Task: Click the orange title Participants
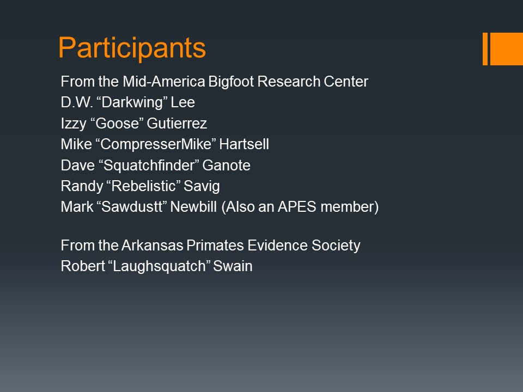[x=132, y=48]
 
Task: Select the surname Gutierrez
[x=177, y=124]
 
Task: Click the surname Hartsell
[x=244, y=144]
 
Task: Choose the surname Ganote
[x=227, y=166]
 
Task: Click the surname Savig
[x=202, y=186]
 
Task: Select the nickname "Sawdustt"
[x=132, y=207]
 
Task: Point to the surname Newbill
[x=193, y=207]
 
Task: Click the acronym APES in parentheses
[x=297, y=207]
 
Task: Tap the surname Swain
[x=233, y=266]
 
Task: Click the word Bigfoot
[x=231, y=82]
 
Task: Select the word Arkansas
[x=152, y=246]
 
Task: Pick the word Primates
[x=215, y=246]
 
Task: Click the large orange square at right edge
[x=507, y=48]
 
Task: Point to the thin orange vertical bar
[x=485, y=48]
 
